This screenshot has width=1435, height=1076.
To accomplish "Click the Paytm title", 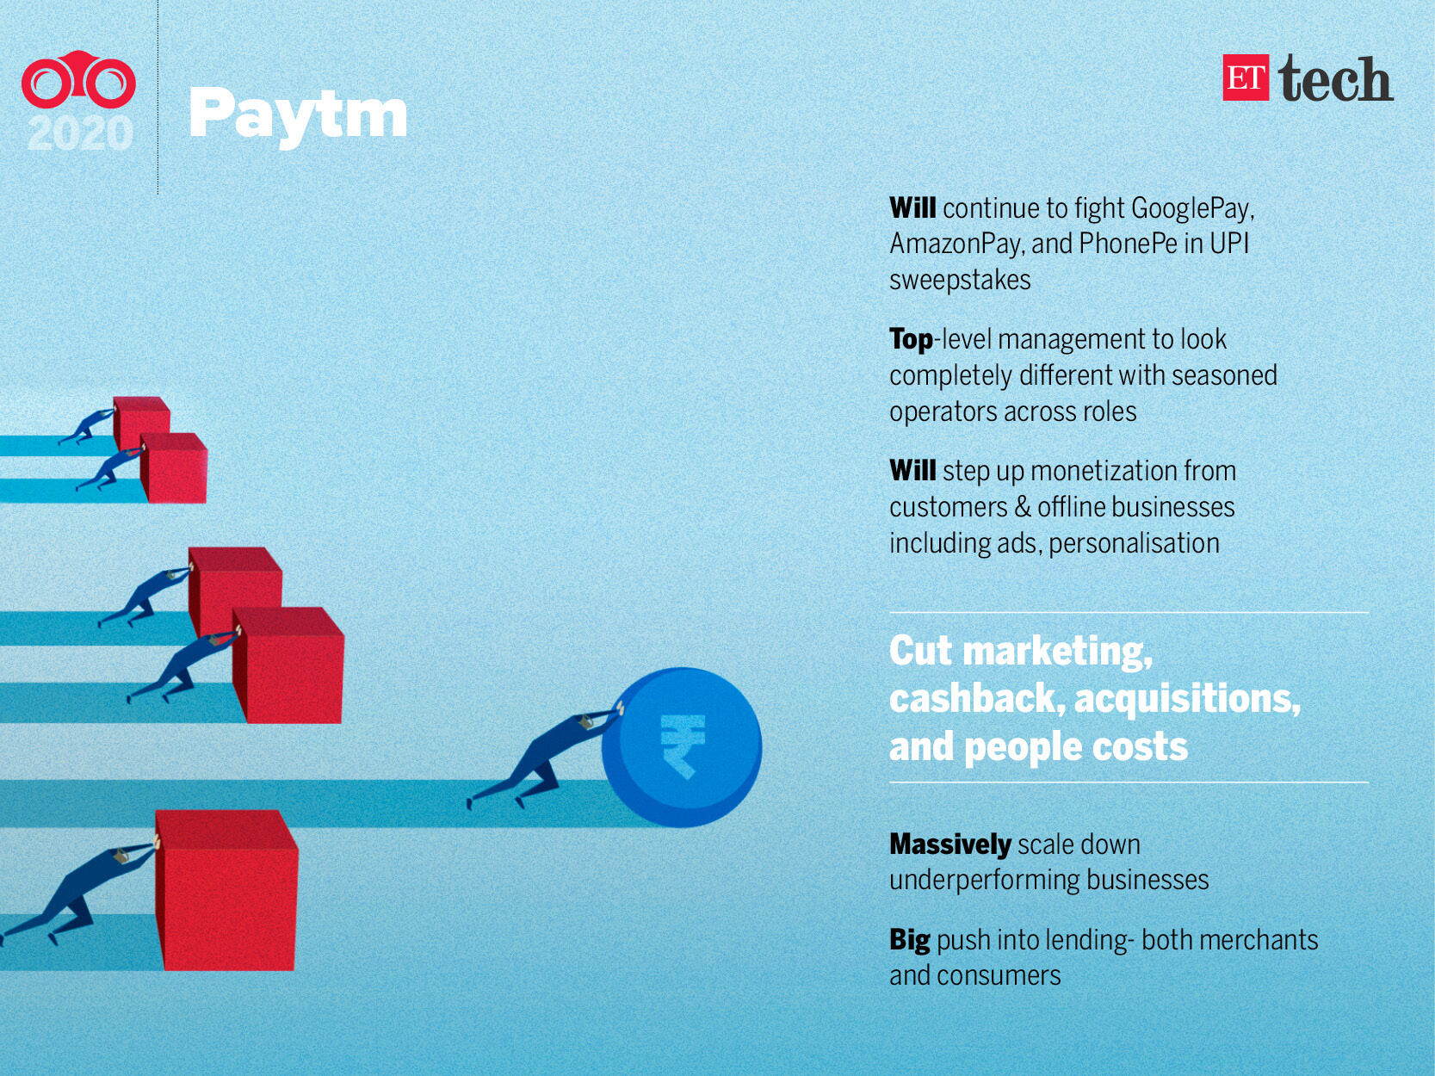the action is pos(298,116).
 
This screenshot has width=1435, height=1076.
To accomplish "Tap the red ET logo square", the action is pos(1246,77).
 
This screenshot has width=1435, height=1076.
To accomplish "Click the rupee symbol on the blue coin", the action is pos(683,745).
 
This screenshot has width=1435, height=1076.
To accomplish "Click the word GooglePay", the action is pos(1192,208).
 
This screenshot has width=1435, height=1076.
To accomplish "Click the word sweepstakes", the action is pos(960,281).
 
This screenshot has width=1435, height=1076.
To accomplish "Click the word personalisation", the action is pos(1135,544).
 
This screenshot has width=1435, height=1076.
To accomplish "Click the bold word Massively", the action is pos(949,844).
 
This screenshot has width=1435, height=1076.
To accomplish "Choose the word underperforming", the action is pos(985,881).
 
